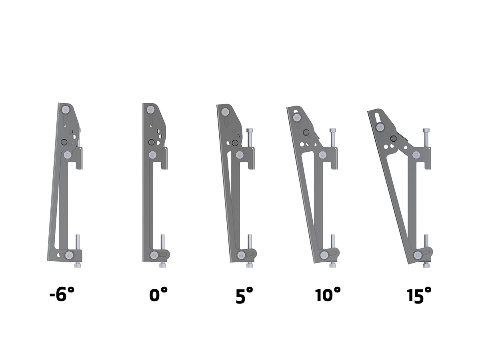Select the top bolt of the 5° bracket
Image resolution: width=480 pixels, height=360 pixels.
coord(225,112)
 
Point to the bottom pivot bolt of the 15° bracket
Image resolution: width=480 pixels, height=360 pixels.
coord(418,255)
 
